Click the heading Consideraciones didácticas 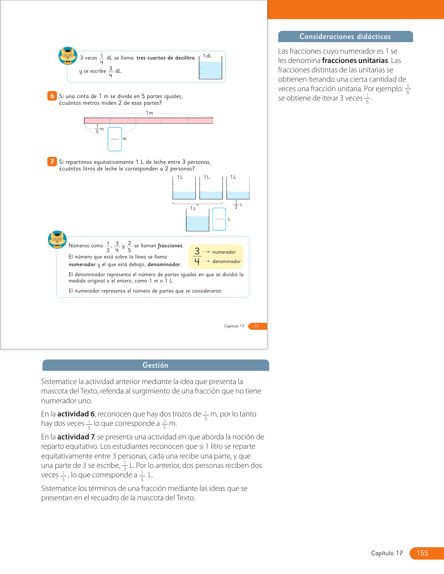(x=345, y=37)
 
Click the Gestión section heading (x=155, y=365)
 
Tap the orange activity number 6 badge (x=52, y=96)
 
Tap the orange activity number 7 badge (x=52, y=161)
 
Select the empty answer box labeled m (x=115, y=139)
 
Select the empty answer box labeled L (x=219, y=219)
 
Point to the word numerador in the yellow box (x=224, y=252)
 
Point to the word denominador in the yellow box (x=226, y=261)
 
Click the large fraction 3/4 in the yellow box (x=197, y=256)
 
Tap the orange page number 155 (x=422, y=553)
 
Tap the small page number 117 (x=255, y=326)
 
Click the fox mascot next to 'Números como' (x=57, y=240)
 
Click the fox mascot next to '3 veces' (x=68, y=56)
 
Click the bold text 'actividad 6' (x=76, y=414)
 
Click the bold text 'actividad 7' (x=76, y=437)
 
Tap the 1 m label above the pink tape (x=149, y=113)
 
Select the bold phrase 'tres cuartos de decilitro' (x=165, y=58)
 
